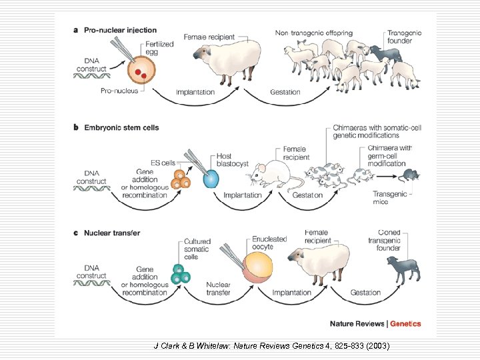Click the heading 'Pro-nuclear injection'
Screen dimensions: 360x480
pyautogui.click(x=119, y=30)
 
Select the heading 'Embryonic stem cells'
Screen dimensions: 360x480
pyautogui.click(x=121, y=127)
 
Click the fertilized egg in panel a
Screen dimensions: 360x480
pyautogui.click(x=140, y=69)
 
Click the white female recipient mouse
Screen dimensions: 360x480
pyautogui.click(x=273, y=177)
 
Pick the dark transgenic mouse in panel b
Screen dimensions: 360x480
pyautogui.click(x=408, y=176)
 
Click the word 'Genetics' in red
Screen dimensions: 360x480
pyautogui.click(x=405, y=324)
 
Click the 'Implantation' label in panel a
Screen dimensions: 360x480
pyautogui.click(x=195, y=91)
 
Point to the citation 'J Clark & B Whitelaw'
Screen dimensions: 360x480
pyautogui.click(x=193, y=346)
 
